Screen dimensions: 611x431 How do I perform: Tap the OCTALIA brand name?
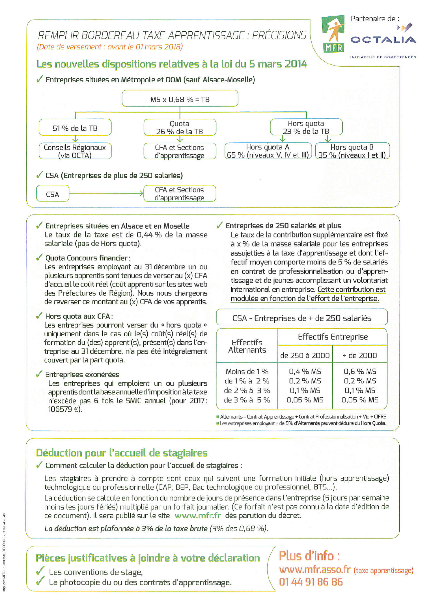tap(383, 40)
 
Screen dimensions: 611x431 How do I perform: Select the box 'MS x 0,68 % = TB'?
tap(180, 99)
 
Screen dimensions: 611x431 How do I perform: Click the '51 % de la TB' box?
tap(75, 128)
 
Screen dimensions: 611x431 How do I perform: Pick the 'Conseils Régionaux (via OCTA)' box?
tap(75, 151)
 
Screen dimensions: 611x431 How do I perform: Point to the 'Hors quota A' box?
tap(268, 151)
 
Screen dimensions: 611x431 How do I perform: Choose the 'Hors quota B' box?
tap(352, 151)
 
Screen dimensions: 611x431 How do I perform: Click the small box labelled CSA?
tap(53, 194)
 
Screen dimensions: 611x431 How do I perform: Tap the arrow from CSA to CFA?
tap(106, 193)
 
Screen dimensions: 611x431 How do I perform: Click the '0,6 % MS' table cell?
tap(360, 371)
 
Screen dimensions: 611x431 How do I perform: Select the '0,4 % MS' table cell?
tap(305, 371)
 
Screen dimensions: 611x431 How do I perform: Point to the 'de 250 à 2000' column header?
tap(305, 355)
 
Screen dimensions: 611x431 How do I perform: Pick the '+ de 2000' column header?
tap(360, 355)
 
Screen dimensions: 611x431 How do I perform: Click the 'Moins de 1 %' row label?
tap(247, 371)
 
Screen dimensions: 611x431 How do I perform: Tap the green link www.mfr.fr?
tap(198, 515)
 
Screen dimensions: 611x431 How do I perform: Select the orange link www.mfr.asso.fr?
tap(315, 569)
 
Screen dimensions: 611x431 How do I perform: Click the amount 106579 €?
tap(64, 409)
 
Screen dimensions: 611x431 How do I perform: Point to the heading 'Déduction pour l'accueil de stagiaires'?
tap(122, 453)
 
